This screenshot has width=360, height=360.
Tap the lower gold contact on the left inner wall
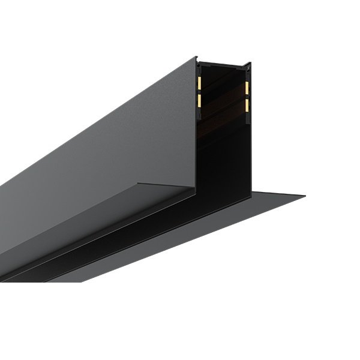(x=199, y=100)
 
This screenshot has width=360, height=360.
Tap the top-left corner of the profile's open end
(x=196, y=58)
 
